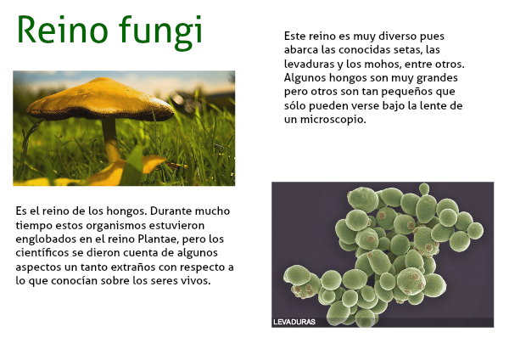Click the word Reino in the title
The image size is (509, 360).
tap(62, 30)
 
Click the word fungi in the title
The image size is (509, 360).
tap(160, 32)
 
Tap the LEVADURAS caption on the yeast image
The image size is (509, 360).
tap(294, 322)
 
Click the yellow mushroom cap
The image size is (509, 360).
tap(99, 99)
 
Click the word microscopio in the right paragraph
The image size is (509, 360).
tap(333, 120)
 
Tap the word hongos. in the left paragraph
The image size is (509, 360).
tap(127, 211)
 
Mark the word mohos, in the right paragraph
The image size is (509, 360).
tap(383, 64)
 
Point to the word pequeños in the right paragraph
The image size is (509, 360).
tap(406, 92)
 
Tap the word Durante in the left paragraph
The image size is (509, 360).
tap(171, 211)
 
